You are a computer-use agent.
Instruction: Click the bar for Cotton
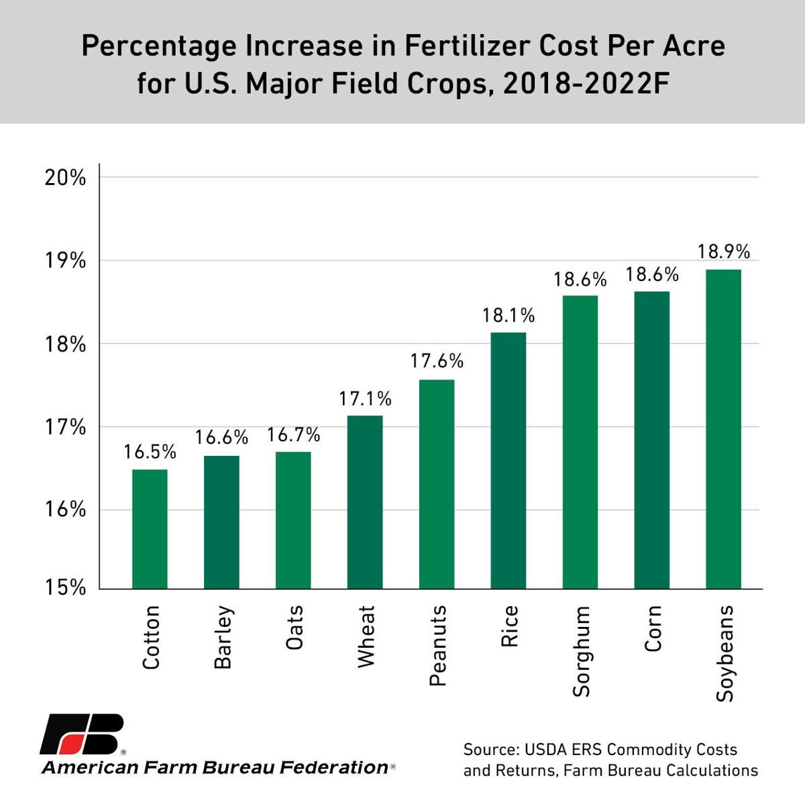(150, 528)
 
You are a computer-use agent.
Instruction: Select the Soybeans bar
(723, 429)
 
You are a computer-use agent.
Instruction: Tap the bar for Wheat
(365, 502)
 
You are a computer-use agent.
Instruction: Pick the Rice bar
(508, 460)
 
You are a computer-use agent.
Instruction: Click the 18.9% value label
(723, 252)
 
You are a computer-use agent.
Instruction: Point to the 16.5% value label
(150, 453)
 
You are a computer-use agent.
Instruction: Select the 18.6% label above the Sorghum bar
(580, 280)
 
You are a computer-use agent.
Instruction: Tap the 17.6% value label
(437, 361)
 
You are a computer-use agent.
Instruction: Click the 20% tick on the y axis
(66, 178)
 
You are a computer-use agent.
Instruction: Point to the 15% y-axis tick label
(66, 587)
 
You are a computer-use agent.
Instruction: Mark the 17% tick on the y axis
(66, 427)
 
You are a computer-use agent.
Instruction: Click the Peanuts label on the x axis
(437, 646)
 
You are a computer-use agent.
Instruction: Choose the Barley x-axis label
(222, 637)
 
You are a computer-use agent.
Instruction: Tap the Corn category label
(652, 628)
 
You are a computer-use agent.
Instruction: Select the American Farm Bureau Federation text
(215, 768)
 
